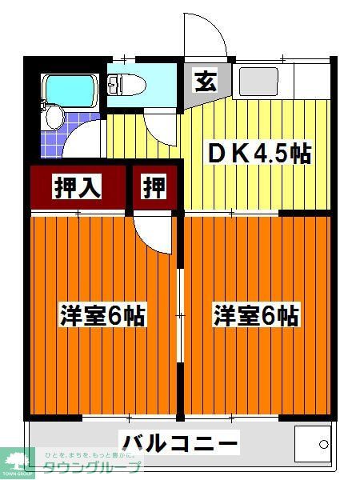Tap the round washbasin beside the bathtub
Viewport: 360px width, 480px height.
point(54,118)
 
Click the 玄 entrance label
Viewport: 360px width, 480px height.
point(204,81)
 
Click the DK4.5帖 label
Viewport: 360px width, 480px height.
point(260,153)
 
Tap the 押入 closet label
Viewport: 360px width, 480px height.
point(77,186)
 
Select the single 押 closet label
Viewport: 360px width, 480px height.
point(154,186)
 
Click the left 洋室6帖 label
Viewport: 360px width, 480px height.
point(102,315)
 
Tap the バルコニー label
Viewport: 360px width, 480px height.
point(179,442)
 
